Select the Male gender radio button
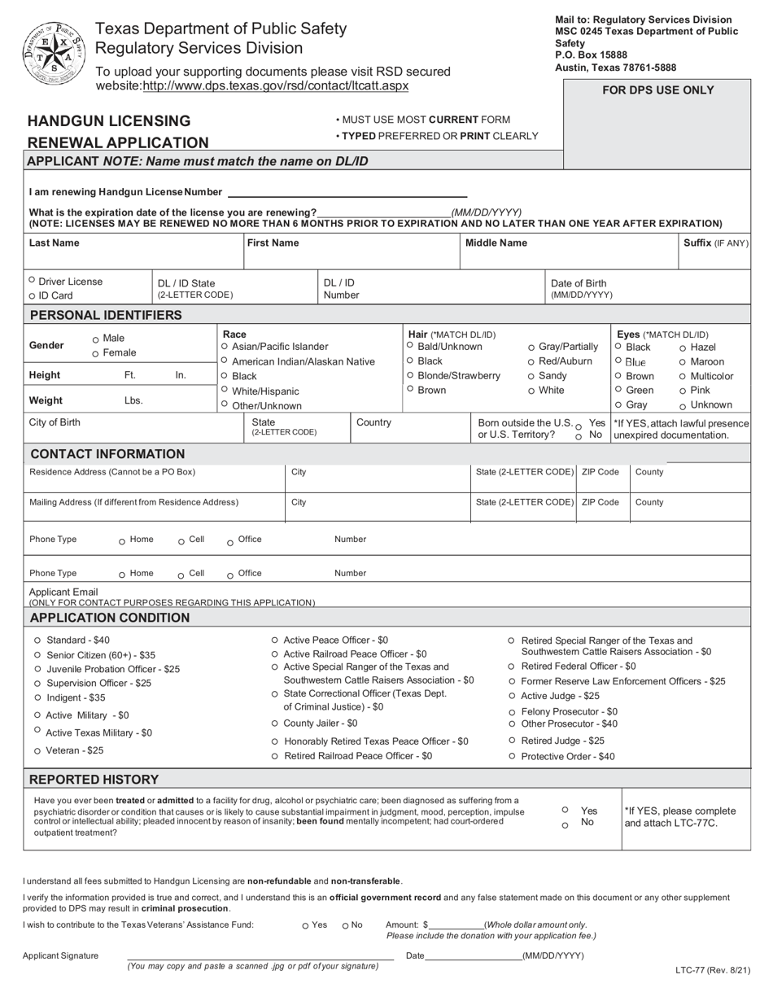(96, 339)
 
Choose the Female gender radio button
(96, 354)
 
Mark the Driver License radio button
(32, 281)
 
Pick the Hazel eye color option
(683, 348)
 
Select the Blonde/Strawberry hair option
(410, 375)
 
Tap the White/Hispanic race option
(225, 390)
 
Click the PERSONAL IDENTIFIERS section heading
(106, 315)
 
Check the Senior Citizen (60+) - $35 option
(37, 655)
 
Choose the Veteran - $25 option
(37, 751)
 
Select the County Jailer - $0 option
(275, 723)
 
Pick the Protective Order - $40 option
(512, 757)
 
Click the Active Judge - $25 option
(512, 696)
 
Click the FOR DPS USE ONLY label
(657, 90)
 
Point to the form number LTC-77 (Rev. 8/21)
(712, 970)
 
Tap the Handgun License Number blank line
(347, 193)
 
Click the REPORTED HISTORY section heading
(94, 779)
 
